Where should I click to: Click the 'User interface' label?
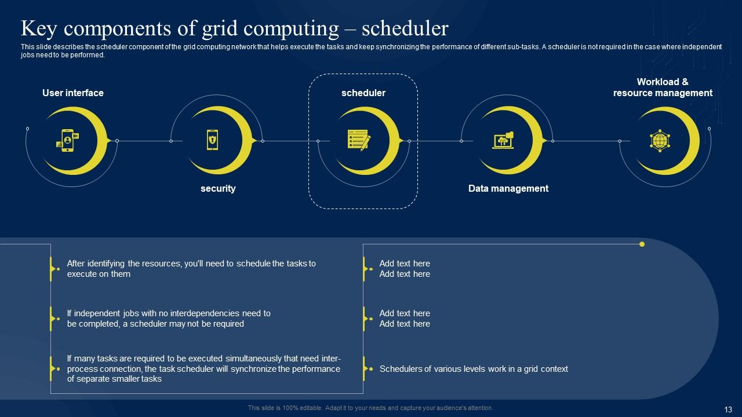73,93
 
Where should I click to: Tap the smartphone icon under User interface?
68,141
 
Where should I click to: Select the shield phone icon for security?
212,140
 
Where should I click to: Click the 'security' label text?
218,188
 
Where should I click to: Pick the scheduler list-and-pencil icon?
359,140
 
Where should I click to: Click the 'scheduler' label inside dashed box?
363,93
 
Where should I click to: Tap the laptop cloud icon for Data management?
503,140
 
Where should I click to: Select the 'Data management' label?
508,188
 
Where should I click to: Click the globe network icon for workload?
660,141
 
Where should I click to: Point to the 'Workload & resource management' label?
663,87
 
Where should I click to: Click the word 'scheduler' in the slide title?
405,28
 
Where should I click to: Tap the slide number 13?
728,409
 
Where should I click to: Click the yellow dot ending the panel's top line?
642,244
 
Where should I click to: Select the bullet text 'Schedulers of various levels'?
474,369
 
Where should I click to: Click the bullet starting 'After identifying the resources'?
191,269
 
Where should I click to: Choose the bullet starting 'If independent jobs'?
169,319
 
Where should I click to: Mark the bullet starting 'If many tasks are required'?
203,369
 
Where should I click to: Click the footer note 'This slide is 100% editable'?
370,408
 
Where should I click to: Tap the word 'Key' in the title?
39,29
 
